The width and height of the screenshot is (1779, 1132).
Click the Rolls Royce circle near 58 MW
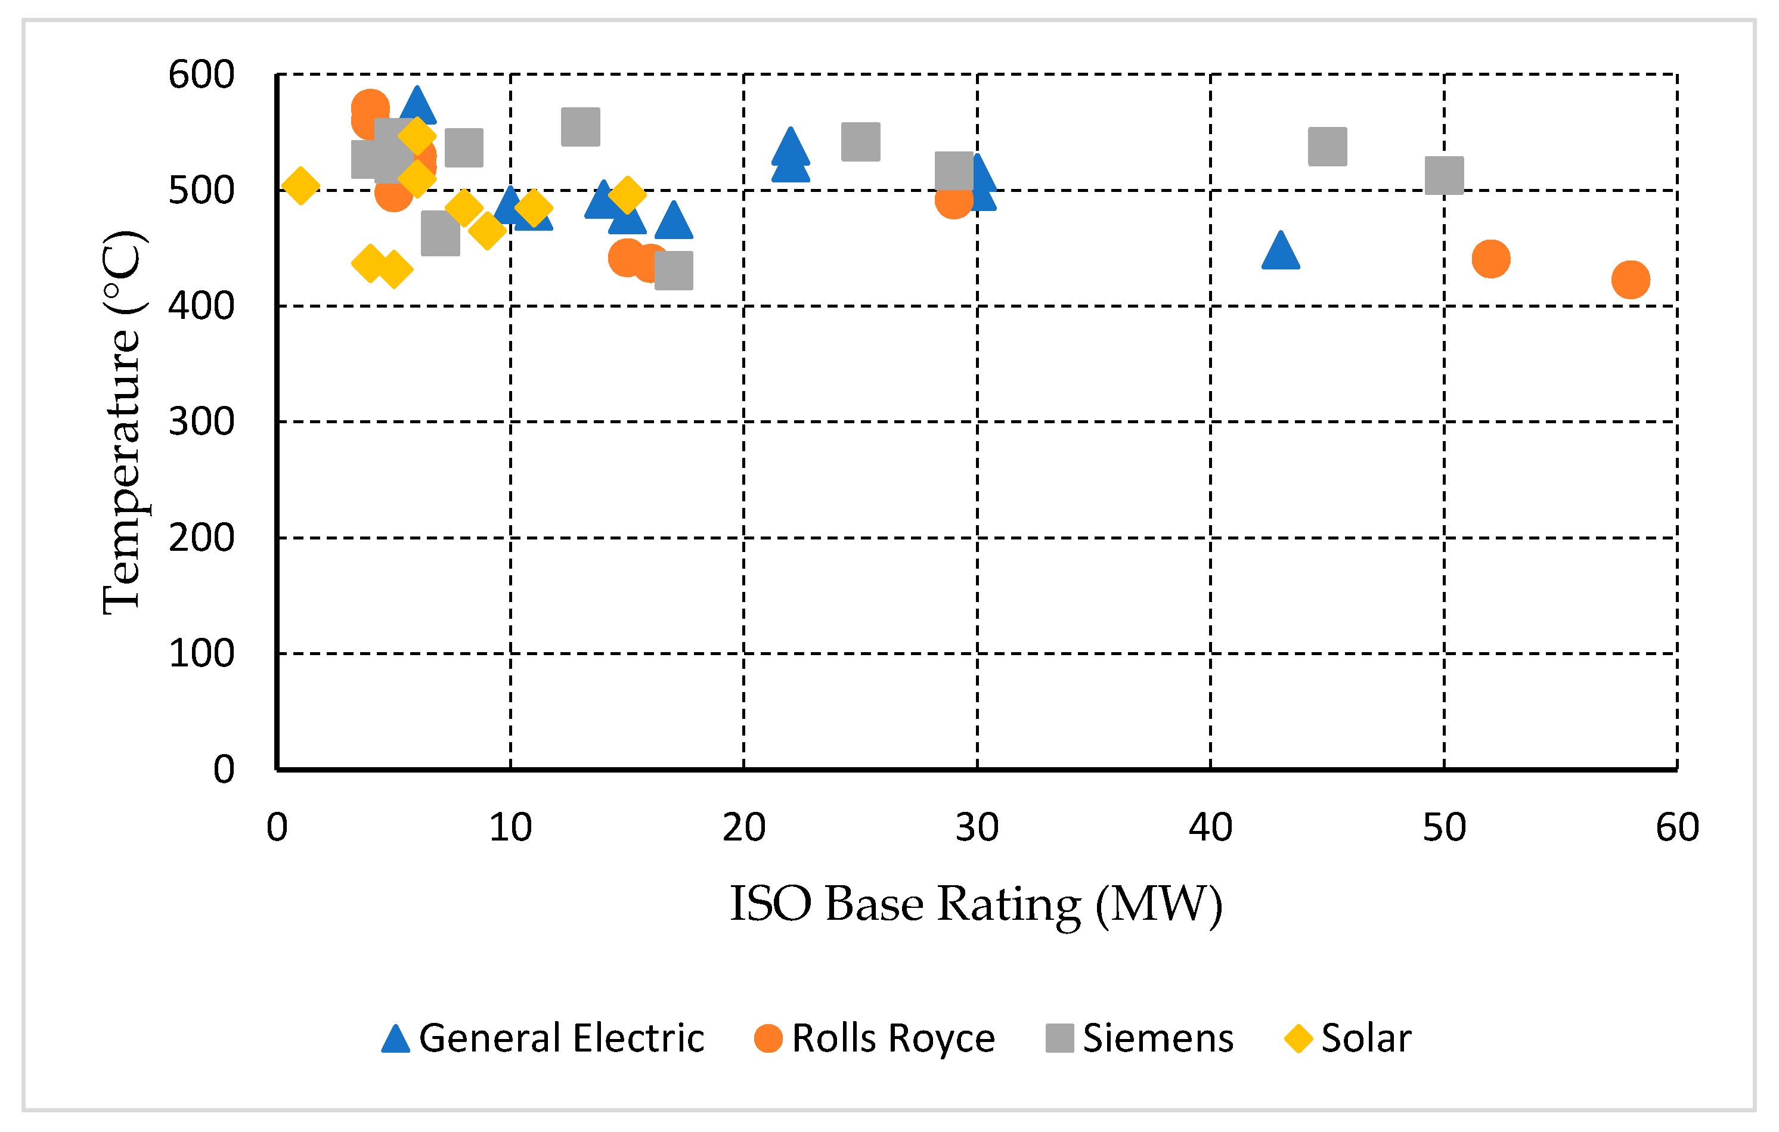(1631, 280)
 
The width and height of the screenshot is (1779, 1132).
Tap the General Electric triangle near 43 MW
(1281, 251)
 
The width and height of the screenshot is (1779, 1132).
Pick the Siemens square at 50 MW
(1443, 175)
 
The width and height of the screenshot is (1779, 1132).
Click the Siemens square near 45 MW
(1327, 146)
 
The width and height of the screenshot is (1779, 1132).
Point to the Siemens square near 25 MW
(861, 142)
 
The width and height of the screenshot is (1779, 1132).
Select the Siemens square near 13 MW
(580, 126)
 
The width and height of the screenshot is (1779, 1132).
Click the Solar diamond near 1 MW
(300, 185)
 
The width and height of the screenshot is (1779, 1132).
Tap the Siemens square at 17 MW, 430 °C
(673, 271)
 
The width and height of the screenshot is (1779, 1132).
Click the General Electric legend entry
(543, 1038)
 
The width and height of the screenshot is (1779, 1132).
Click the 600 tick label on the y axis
(201, 75)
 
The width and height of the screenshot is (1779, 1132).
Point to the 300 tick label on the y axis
(201, 422)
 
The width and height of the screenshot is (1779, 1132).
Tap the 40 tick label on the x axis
(1210, 827)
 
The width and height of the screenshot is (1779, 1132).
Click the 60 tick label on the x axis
(1677, 827)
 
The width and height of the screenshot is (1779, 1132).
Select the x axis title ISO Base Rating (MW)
(975, 904)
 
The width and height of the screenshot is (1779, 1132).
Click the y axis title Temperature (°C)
(121, 422)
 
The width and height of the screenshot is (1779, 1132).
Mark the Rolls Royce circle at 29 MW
(953, 200)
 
